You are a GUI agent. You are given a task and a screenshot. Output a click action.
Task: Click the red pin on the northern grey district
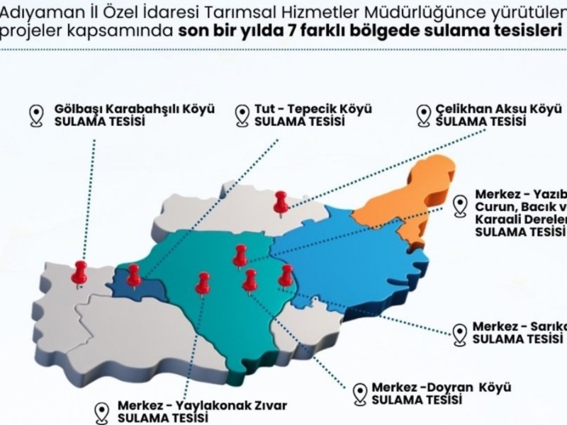281,201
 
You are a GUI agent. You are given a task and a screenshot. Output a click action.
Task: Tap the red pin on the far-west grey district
79,271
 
